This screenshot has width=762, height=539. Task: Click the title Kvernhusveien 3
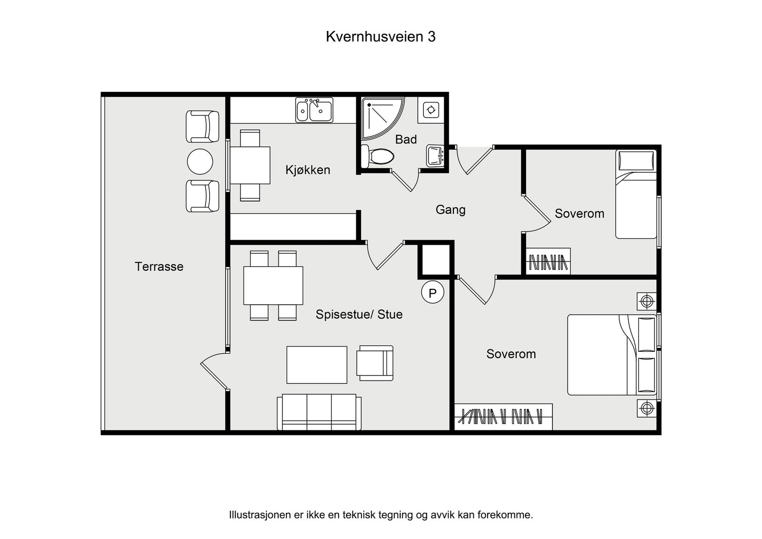pyautogui.click(x=380, y=37)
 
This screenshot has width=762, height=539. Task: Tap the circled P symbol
pyautogui.click(x=432, y=293)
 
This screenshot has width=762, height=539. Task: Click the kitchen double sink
pyautogui.click(x=314, y=110)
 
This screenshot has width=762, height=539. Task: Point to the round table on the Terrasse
pyautogui.click(x=200, y=161)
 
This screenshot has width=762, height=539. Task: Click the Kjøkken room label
pyautogui.click(x=308, y=170)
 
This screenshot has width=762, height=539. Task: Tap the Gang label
pyautogui.click(x=450, y=210)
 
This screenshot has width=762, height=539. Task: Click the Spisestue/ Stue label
pyautogui.click(x=359, y=314)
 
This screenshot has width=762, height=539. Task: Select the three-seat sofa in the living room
pyautogui.click(x=319, y=412)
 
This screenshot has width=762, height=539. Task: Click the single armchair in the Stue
pyautogui.click(x=375, y=363)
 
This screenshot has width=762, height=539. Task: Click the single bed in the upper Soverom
pyautogui.click(x=636, y=195)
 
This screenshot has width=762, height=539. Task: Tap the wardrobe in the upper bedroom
pyautogui.click(x=548, y=261)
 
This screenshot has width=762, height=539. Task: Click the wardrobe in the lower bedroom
pyautogui.click(x=503, y=417)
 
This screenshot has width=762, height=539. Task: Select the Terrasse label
pyautogui.click(x=159, y=267)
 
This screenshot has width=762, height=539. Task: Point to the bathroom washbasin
pyautogui.click(x=435, y=155)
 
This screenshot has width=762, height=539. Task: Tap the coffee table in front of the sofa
pyautogui.click(x=317, y=365)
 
